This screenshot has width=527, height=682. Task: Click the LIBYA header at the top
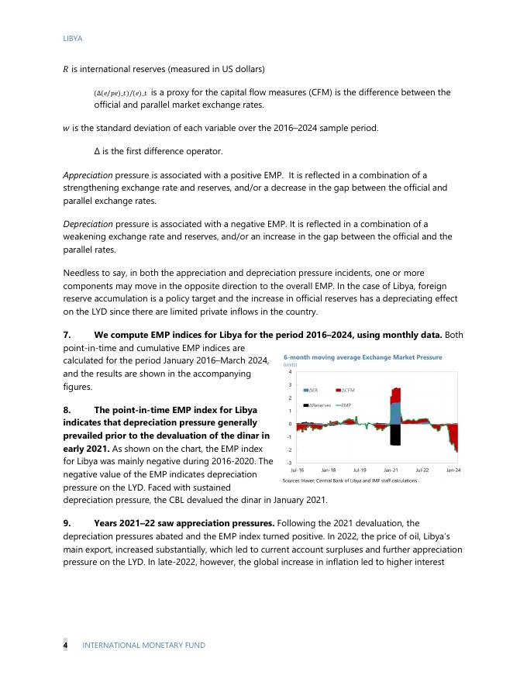[72, 37]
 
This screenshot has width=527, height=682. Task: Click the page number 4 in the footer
[65, 645]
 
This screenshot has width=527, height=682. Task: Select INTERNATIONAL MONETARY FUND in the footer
[143, 645]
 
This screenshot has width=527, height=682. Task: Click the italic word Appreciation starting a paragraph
[88, 175]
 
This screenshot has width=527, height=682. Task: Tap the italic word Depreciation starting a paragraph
[88, 224]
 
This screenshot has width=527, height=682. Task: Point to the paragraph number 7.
[67, 334]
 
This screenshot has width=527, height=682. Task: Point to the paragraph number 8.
[67, 409]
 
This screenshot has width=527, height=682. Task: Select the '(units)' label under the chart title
[291, 364]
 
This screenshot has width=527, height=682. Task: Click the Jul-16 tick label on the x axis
[297, 470]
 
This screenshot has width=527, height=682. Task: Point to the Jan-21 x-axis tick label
[391, 470]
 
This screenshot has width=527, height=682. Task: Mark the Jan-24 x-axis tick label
[453, 470]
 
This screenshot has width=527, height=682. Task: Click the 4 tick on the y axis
[288, 372]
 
